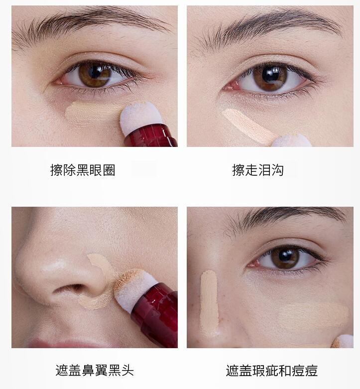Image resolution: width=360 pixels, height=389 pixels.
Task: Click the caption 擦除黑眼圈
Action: click(x=83, y=170)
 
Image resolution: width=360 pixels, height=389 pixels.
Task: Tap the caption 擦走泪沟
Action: click(x=258, y=170)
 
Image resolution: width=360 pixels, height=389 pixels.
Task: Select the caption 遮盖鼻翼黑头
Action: click(x=95, y=371)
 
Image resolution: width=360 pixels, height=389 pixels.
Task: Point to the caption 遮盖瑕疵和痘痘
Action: click(x=272, y=371)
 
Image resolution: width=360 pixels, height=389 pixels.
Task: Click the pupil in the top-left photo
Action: click(x=95, y=72)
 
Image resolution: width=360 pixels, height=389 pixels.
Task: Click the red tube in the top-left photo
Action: click(x=151, y=136)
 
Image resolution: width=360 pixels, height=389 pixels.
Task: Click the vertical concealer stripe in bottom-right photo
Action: click(x=209, y=303)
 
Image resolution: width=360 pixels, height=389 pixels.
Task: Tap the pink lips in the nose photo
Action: click(x=67, y=344)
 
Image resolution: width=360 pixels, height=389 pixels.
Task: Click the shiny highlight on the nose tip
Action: click(x=55, y=266)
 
